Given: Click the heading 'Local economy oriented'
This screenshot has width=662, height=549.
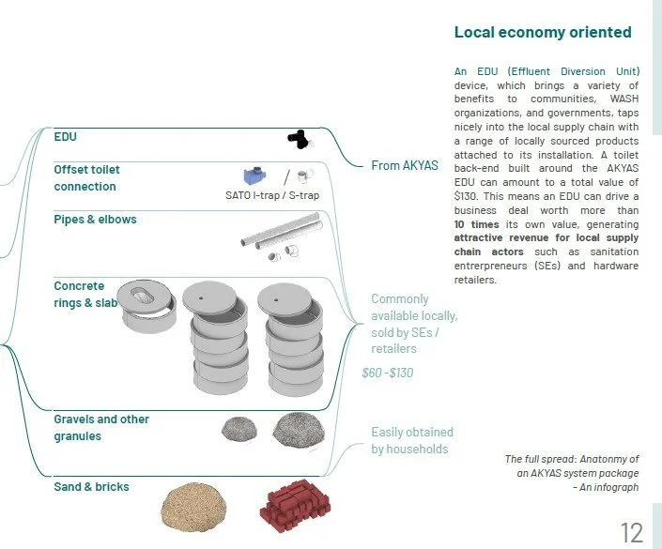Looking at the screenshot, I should [543, 33].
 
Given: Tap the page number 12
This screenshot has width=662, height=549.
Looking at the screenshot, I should [632, 533].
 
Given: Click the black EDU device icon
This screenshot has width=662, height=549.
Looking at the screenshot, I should [299, 139].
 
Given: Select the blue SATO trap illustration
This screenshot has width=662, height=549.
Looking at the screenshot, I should [254, 175].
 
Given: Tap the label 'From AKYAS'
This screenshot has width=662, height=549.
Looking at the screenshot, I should [405, 165].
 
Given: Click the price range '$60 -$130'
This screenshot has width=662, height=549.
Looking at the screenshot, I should [388, 373].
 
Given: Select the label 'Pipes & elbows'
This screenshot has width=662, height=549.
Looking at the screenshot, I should [95, 220].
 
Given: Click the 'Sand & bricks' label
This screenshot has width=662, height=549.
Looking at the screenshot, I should [91, 486].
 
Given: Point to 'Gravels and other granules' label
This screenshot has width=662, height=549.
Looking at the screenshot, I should [101, 428].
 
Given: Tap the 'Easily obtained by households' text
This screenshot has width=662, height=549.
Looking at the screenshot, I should [411, 440].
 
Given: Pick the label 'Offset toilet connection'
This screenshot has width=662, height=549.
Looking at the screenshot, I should [86, 178].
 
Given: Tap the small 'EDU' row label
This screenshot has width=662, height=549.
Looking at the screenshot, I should [65, 137].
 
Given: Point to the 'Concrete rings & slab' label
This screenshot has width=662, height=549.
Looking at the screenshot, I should [85, 295].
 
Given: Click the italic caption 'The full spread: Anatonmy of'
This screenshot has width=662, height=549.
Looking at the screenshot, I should [571, 459].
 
